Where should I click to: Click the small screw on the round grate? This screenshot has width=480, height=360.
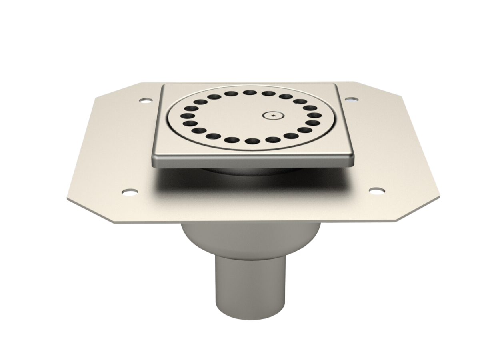click(x=272, y=116)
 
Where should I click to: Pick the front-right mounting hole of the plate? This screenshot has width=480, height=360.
click(x=375, y=191)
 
